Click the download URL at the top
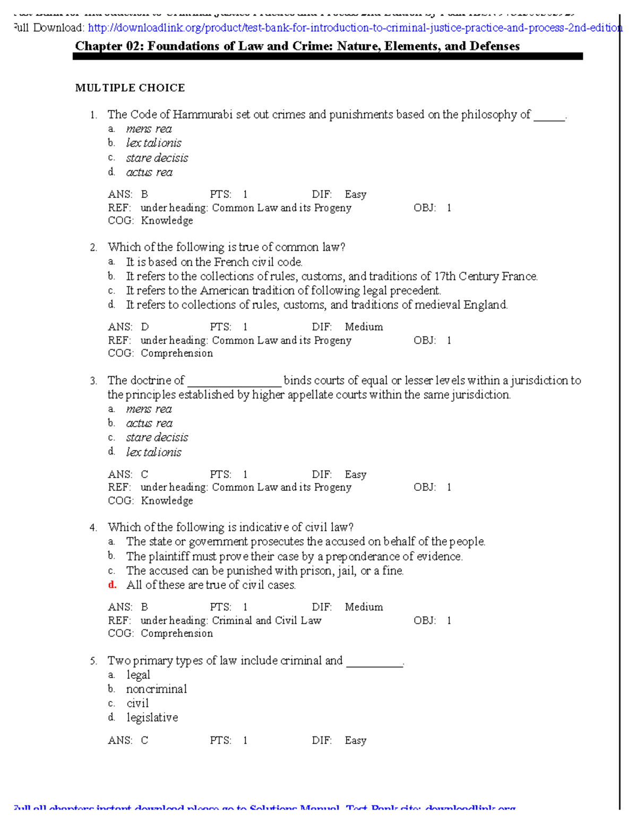(x=355, y=28)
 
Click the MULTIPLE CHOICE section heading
(x=130, y=88)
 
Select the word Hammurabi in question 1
(x=202, y=115)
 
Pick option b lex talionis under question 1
(x=153, y=143)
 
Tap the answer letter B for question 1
(x=144, y=195)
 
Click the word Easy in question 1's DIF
(x=355, y=195)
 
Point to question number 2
(x=93, y=248)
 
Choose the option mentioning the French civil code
(x=214, y=262)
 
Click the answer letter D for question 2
(x=145, y=327)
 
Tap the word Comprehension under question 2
(x=177, y=353)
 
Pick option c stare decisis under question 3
(x=157, y=438)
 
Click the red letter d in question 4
(x=112, y=585)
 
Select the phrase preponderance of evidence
(x=393, y=557)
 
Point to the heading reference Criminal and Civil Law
(x=266, y=621)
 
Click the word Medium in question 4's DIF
(x=364, y=607)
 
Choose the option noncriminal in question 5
(x=157, y=689)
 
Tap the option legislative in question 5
(x=152, y=718)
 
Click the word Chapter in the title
(x=99, y=46)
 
